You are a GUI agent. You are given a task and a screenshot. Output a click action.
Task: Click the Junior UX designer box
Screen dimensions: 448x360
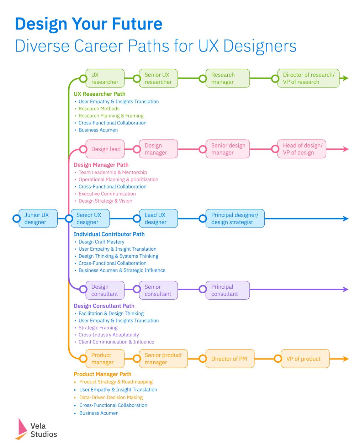[x=38, y=218]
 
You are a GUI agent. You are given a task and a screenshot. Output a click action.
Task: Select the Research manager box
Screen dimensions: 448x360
[x=227, y=78]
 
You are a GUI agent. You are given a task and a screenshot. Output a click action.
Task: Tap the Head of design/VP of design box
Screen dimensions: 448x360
[x=301, y=149]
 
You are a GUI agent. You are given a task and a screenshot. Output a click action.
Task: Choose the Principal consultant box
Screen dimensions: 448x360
[x=227, y=290]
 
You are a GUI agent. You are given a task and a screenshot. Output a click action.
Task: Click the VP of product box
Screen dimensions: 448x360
[x=305, y=359]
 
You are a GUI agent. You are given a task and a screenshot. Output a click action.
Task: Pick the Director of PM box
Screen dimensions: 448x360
[x=230, y=359]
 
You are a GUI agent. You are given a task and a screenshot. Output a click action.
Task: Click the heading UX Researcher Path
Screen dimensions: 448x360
[x=99, y=94]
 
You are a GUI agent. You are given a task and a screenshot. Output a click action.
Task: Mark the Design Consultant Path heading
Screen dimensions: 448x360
[x=104, y=306]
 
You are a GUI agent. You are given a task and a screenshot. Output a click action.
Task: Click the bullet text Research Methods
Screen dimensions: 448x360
[x=99, y=108]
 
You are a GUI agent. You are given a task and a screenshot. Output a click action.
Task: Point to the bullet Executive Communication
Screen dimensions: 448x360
[x=107, y=194]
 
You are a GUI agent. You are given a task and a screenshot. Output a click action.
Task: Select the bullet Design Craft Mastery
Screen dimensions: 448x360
[x=101, y=242]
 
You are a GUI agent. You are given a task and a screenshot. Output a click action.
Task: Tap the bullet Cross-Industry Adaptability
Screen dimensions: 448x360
[x=108, y=335]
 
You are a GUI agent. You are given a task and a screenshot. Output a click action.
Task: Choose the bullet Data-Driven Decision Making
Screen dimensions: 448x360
[x=111, y=397]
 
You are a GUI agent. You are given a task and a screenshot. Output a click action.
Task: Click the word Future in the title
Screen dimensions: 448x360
[x=137, y=24]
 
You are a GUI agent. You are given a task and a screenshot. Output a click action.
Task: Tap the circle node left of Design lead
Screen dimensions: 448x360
[x=83, y=149]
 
